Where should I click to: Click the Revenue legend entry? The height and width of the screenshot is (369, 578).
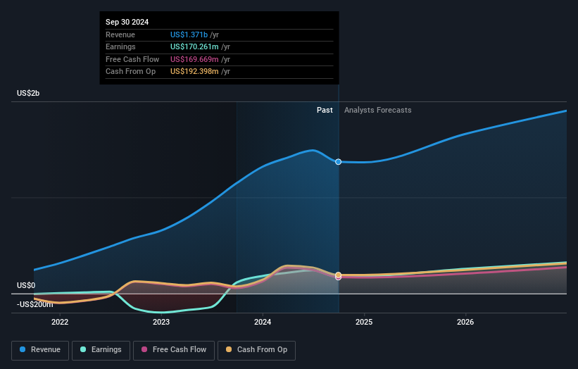tap(39, 350)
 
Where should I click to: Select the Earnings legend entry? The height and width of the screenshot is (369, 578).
tap(100, 350)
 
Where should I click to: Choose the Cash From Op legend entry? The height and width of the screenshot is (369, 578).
tap(257, 350)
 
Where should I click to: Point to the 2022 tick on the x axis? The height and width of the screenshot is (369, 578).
tap(60, 323)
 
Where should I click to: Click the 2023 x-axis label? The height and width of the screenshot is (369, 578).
tap(161, 323)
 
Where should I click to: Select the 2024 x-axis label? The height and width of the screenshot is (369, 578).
tap(263, 323)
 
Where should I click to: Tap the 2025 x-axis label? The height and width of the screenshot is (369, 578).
tap(364, 323)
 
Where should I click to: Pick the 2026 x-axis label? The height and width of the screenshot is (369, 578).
tap(465, 323)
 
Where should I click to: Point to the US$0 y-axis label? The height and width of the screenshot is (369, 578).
tap(26, 285)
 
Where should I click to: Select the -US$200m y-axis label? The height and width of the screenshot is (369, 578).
tap(35, 304)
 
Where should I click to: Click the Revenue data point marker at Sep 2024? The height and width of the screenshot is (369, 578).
tap(339, 162)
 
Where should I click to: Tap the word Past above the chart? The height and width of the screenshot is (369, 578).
tap(325, 110)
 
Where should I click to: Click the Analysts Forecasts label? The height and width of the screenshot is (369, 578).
tap(377, 110)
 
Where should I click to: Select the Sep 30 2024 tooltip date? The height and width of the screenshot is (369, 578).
tap(127, 23)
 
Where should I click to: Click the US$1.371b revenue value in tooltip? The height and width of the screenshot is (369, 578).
tap(189, 35)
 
